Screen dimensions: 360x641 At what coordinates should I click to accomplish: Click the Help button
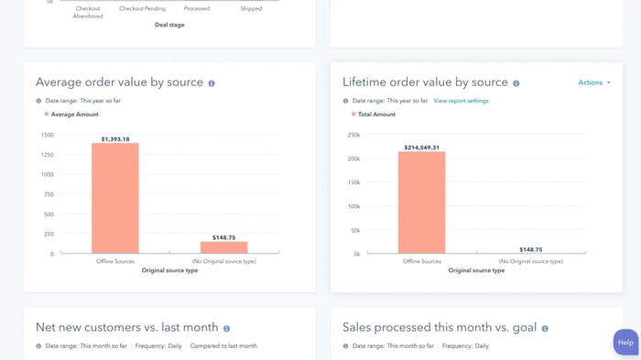(x=625, y=343)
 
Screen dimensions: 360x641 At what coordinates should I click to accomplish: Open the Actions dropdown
(x=594, y=82)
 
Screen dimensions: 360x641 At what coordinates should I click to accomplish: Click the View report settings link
(x=461, y=101)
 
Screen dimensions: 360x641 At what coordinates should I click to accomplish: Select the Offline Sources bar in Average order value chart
(x=115, y=198)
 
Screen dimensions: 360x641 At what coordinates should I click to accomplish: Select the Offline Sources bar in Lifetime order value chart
(x=422, y=202)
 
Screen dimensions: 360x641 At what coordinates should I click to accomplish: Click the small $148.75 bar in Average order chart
(x=224, y=247)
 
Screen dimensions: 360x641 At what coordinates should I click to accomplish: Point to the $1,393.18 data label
(x=115, y=139)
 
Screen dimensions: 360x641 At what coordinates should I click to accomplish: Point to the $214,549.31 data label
(x=422, y=147)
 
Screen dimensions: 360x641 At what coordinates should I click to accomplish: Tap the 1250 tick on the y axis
(x=47, y=155)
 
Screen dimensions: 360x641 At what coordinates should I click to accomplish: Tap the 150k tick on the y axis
(x=353, y=182)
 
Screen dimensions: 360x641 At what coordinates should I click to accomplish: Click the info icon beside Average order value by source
(x=212, y=83)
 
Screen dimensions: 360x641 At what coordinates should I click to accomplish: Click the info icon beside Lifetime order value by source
(x=516, y=83)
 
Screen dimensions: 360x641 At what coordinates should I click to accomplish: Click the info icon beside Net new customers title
(x=227, y=328)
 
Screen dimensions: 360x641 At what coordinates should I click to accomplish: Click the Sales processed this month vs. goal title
(x=439, y=327)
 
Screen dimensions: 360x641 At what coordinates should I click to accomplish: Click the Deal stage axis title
(x=169, y=25)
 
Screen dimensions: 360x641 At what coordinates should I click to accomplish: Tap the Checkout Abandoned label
(x=88, y=12)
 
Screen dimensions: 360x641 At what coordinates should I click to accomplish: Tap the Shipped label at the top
(x=251, y=8)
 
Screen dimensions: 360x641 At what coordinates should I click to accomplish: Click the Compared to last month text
(x=223, y=346)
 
